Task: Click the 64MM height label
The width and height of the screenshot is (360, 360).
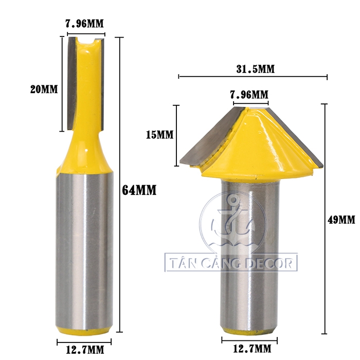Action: (139, 190)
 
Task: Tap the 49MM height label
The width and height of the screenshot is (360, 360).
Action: (341, 220)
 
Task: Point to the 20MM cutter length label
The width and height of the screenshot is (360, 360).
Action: (44, 89)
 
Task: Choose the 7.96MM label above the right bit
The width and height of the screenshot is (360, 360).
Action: (249, 95)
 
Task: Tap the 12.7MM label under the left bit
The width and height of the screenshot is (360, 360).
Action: (85, 350)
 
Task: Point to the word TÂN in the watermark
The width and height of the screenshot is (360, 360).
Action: (183, 264)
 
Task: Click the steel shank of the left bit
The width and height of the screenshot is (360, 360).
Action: (85, 247)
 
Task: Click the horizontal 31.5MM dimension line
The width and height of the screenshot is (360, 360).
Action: (253, 77)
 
